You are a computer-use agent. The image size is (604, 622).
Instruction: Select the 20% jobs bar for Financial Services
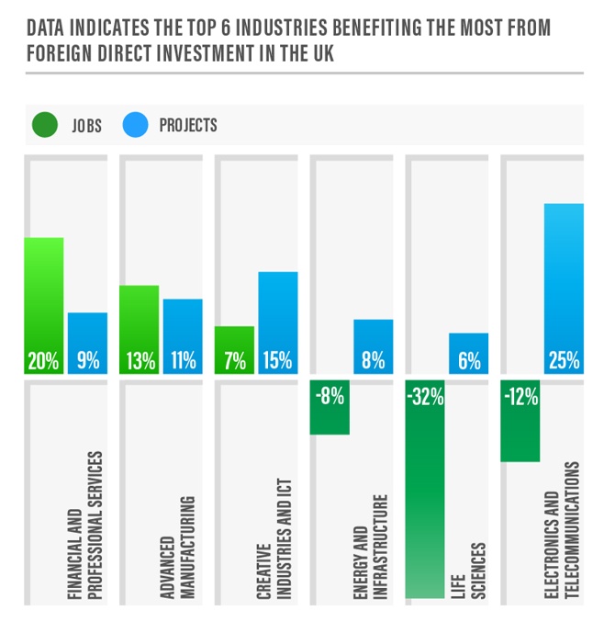pos(43,305)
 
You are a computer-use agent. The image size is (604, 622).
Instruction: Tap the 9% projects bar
pos(87,343)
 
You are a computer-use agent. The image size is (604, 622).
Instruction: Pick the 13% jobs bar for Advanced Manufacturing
pos(139,329)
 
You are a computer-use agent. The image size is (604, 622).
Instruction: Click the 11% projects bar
pos(183,336)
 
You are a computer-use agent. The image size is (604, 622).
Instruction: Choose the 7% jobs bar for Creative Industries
pos(234,350)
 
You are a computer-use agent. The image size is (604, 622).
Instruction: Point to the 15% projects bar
pos(277,322)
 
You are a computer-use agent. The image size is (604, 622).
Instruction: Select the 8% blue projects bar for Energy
pos(373,346)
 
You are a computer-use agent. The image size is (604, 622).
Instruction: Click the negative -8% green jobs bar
pos(330,407)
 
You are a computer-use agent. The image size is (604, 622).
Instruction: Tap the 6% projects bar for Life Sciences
pos(468,353)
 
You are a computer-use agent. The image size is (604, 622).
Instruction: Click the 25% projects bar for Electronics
pos(563,288)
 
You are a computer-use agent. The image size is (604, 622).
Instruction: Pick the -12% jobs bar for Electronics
pos(520,421)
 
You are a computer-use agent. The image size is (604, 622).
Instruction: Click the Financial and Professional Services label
pos(84,526)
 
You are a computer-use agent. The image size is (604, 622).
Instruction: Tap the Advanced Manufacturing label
pos(180,548)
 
